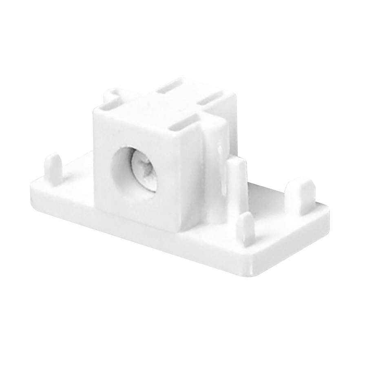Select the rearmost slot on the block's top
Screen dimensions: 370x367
pyautogui.click(x=169, y=87)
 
